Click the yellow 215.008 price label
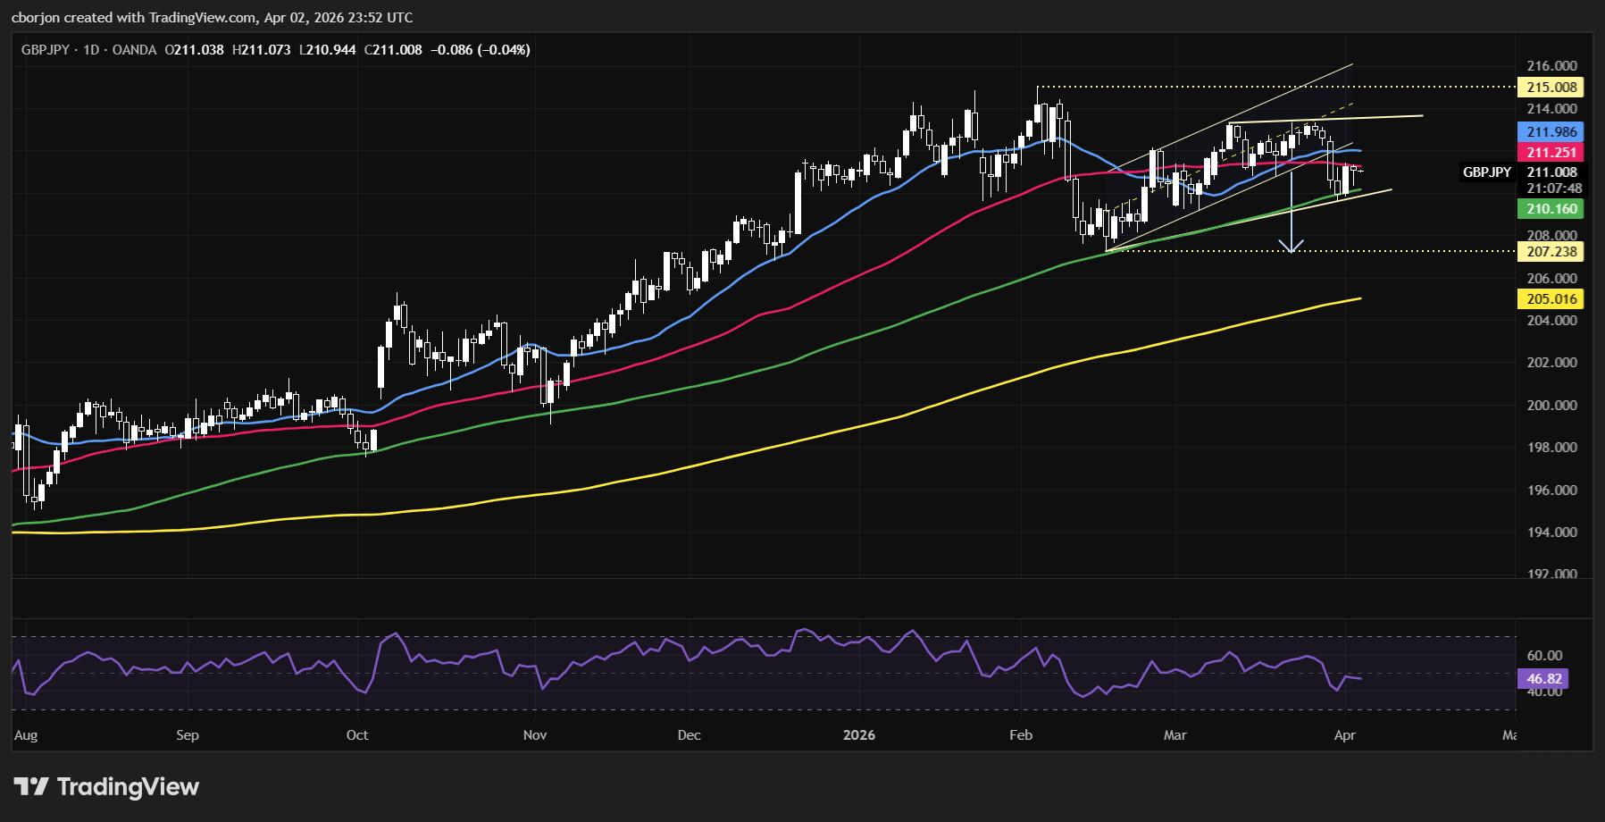point(1551,88)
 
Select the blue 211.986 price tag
point(1551,131)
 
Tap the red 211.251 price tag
point(1551,153)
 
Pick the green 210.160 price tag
point(1551,209)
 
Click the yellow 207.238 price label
point(1551,252)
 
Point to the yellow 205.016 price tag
point(1551,299)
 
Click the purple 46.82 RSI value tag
point(1542,679)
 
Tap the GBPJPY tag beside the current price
point(1486,172)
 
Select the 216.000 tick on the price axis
point(1551,66)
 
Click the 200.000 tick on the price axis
point(1551,405)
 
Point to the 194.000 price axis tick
point(1551,533)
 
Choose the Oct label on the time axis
point(356,735)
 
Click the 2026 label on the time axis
point(859,735)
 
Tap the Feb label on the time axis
point(1020,735)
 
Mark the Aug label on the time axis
point(26,735)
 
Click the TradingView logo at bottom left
point(107,787)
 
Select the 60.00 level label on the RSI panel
point(1544,656)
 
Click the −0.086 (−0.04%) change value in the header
point(481,50)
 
